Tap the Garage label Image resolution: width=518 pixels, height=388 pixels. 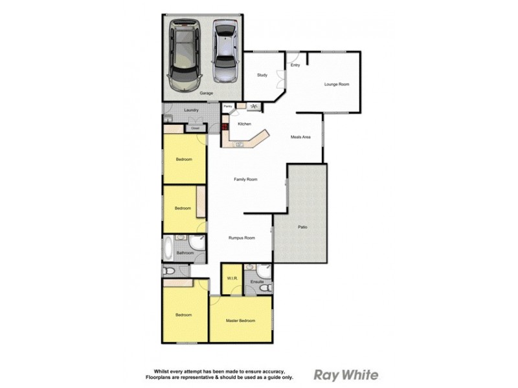pyautogui.click(x=206, y=93)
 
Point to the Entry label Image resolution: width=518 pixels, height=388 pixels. pyautogui.click(x=295, y=65)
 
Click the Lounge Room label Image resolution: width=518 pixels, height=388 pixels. pyautogui.click(x=337, y=85)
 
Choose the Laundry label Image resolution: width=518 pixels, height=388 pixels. pyautogui.click(x=190, y=110)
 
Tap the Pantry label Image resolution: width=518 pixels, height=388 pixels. pyautogui.click(x=228, y=106)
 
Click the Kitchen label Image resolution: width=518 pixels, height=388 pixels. pyautogui.click(x=244, y=124)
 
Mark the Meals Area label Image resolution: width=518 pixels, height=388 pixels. pyautogui.click(x=302, y=136)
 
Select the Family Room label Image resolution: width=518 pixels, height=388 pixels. pyautogui.click(x=246, y=179)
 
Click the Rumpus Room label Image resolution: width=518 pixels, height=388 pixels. pyautogui.click(x=241, y=238)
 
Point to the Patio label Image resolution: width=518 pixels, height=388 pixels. pyautogui.click(x=302, y=227)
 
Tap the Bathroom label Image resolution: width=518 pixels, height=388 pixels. pyautogui.click(x=185, y=253)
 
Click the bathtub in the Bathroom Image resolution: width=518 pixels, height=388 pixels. pyautogui.click(x=168, y=248)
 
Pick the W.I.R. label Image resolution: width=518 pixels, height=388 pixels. pyautogui.click(x=231, y=278)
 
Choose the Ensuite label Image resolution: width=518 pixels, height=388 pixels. pyautogui.click(x=257, y=282)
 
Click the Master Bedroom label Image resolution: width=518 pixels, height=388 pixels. pyautogui.click(x=240, y=321)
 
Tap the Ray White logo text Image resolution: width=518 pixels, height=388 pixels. pyautogui.click(x=346, y=374)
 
